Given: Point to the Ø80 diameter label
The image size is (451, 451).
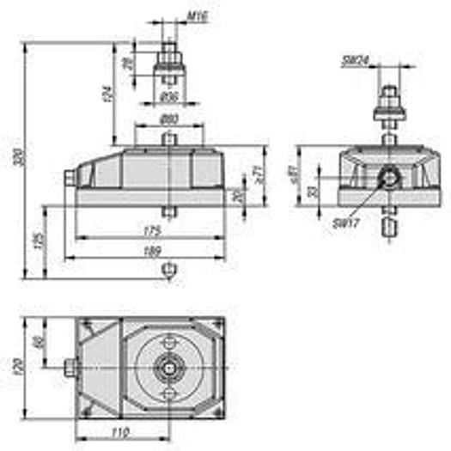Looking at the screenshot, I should (170, 117).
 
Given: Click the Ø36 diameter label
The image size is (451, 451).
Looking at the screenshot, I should (168, 95).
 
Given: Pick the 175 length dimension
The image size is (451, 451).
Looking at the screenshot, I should (151, 229).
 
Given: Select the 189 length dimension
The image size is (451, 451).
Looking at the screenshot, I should (151, 250).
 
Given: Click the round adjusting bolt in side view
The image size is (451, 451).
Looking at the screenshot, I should (388, 179).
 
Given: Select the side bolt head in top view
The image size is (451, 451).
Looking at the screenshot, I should (70, 369).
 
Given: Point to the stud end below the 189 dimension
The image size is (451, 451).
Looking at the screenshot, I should (169, 271).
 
